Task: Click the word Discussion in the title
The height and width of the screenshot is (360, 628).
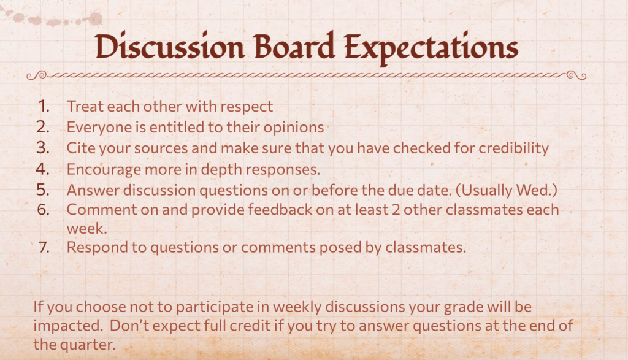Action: pos(170,48)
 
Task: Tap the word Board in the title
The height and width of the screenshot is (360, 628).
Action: pos(294,47)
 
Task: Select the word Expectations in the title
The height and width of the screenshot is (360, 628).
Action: pos(431,48)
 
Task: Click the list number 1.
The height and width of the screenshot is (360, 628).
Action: pos(44,107)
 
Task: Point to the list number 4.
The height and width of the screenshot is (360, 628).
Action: pos(43,169)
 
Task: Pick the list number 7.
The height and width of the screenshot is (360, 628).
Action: pos(44,248)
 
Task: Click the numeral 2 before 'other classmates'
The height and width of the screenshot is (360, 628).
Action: pos(396,210)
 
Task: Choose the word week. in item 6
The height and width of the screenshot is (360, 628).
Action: pos(87,229)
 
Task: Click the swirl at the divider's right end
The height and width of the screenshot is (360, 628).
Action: pos(576,75)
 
